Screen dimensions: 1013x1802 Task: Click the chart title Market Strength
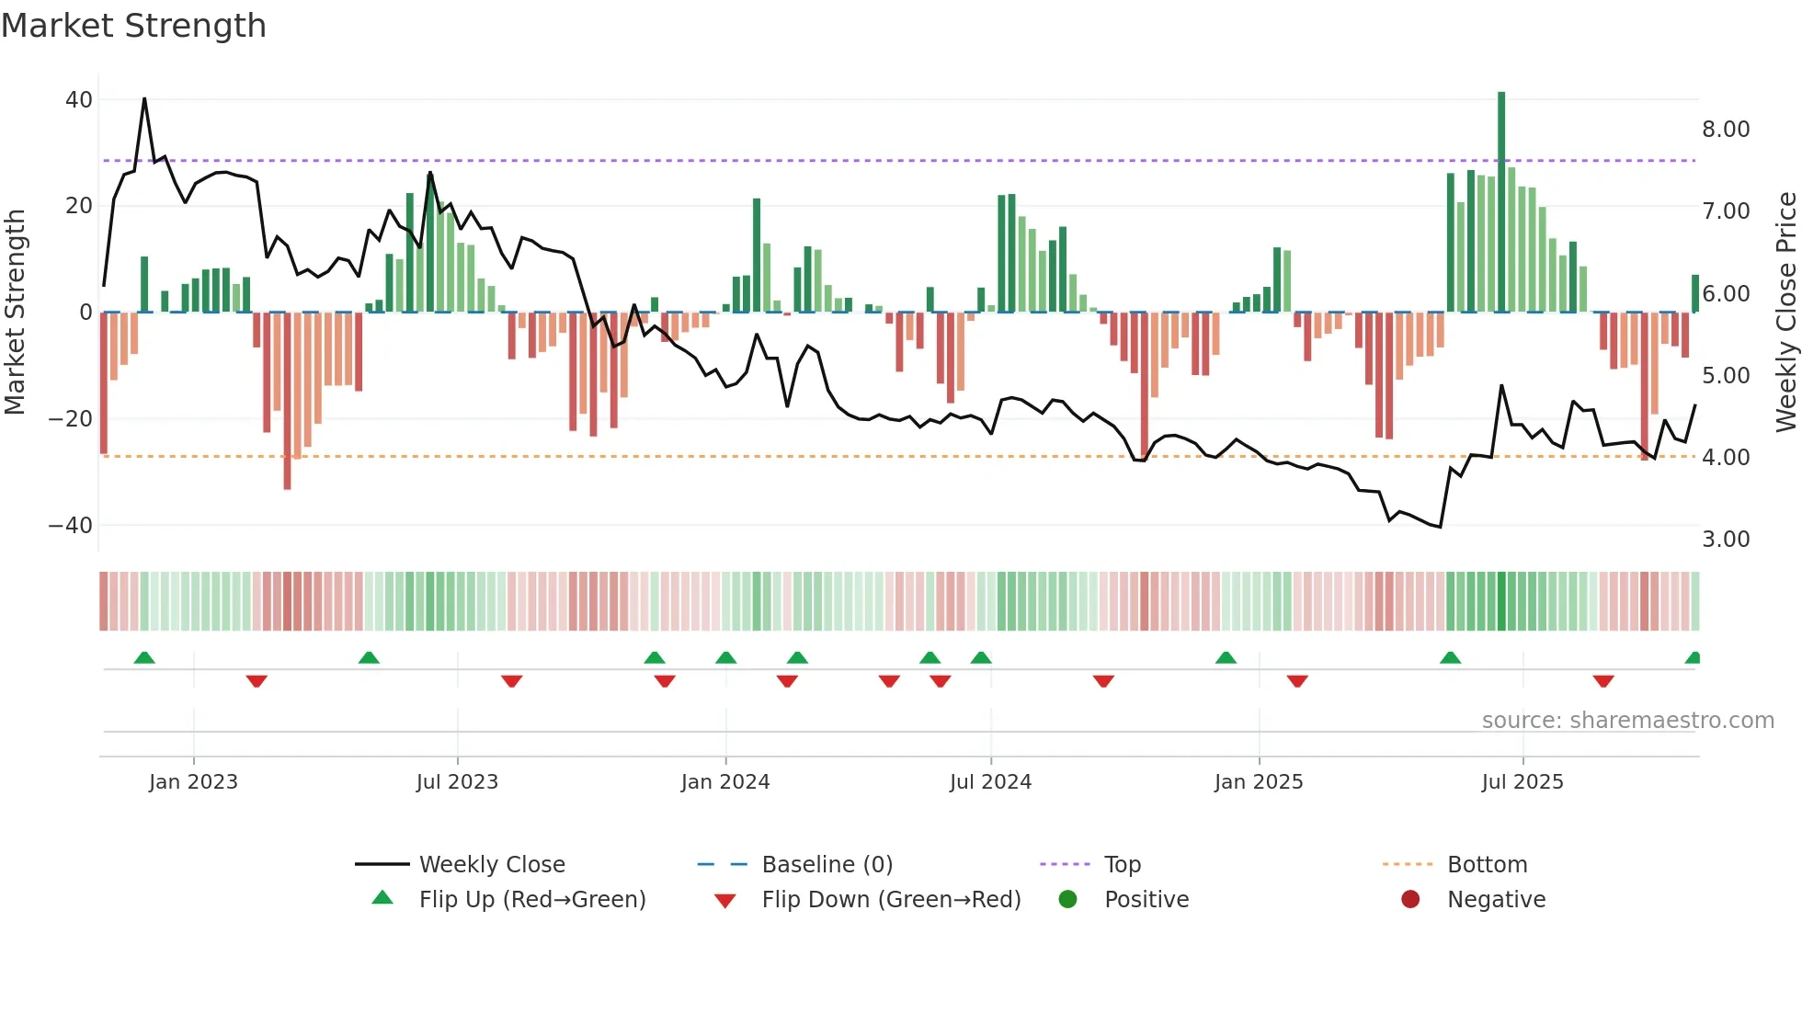coord(133,26)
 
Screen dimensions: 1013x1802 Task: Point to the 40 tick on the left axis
coord(79,99)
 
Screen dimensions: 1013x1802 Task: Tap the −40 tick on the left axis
coord(71,526)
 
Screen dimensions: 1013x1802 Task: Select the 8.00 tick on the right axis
coord(1726,130)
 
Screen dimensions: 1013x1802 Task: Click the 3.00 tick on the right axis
coord(1726,540)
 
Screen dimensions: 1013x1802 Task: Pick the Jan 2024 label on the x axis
coord(725,782)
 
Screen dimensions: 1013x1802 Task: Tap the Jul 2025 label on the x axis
coord(1523,782)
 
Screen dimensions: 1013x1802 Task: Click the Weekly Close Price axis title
coord(1785,312)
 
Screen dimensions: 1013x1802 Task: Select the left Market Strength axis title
coord(16,312)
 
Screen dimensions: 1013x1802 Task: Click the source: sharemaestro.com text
coord(1627,721)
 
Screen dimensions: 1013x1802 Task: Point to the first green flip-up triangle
coord(144,657)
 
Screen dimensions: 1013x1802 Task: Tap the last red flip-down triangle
coord(1603,681)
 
